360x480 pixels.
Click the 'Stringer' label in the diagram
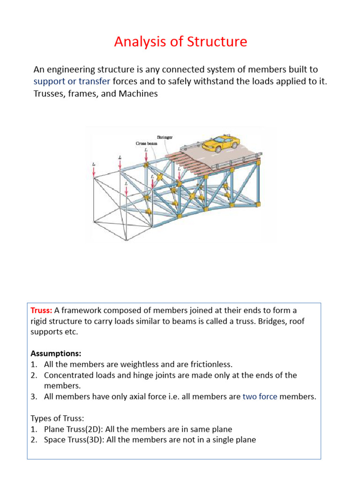[165, 137]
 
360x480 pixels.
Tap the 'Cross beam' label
[145, 143]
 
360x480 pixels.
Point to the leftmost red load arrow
[94, 172]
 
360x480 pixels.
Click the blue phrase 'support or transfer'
[72, 81]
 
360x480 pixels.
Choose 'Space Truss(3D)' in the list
[75, 440]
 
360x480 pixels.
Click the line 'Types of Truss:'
[59, 418]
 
